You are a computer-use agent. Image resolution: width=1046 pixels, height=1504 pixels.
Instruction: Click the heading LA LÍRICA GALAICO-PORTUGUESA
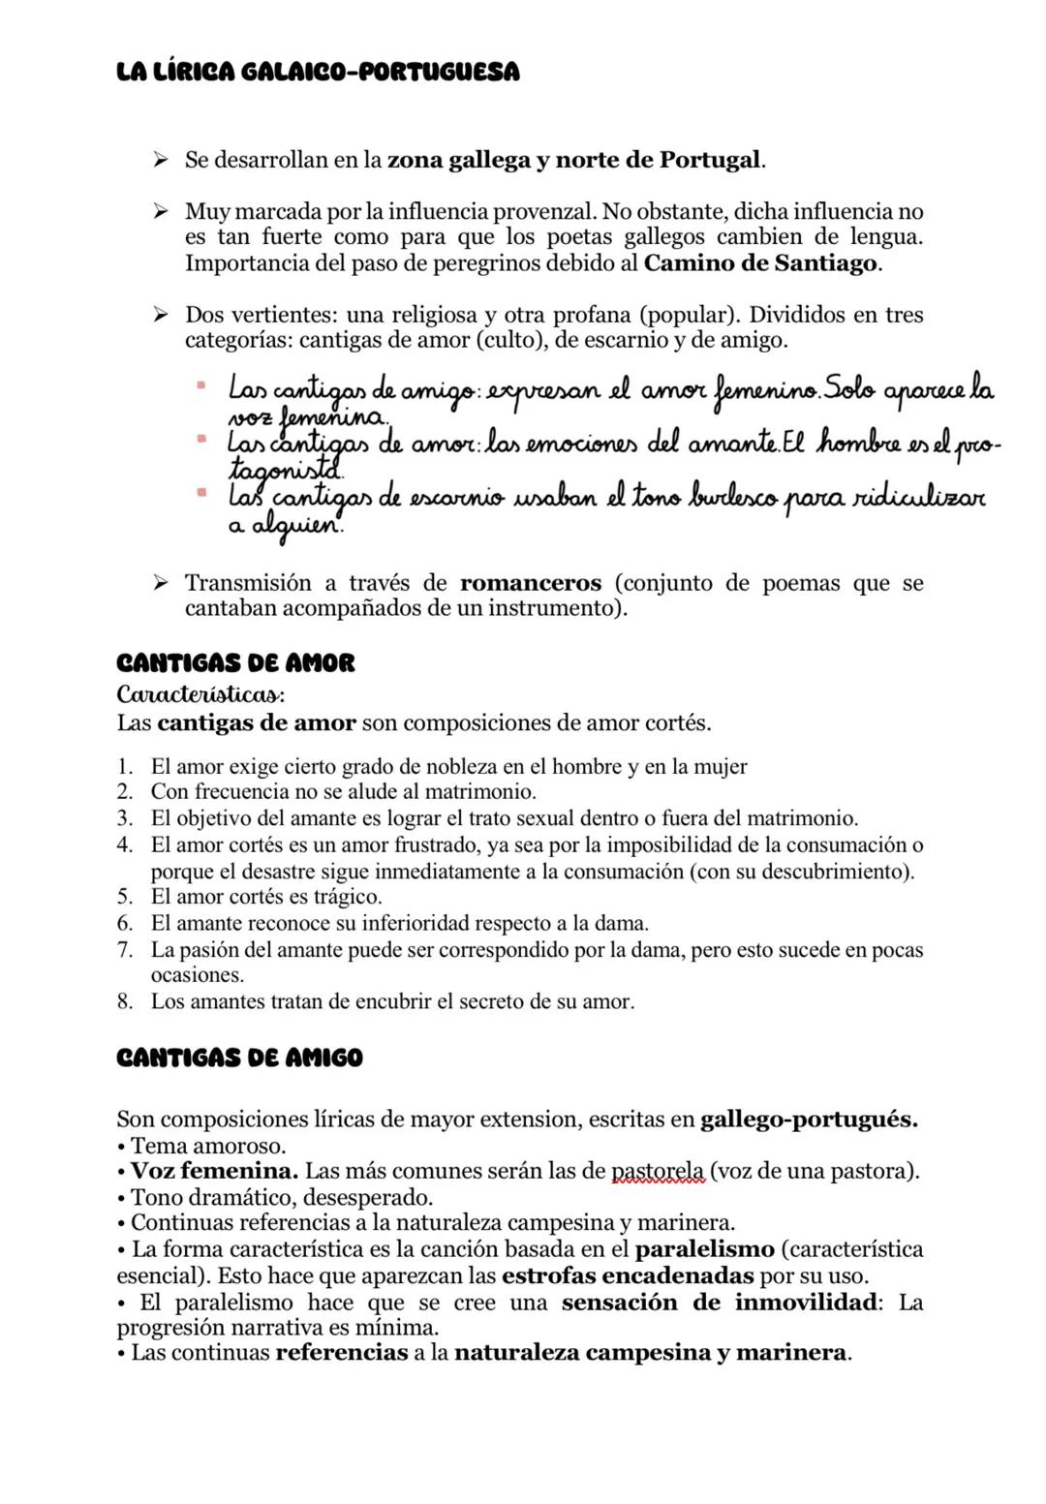coord(317,73)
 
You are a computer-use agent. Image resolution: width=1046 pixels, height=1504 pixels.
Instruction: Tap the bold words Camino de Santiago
coord(761,263)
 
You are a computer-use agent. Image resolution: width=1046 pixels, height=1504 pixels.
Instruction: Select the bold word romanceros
coord(531,583)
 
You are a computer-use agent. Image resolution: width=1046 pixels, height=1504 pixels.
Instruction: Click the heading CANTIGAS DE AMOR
coord(235,663)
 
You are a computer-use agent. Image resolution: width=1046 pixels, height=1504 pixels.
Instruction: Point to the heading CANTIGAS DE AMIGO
coord(239,1058)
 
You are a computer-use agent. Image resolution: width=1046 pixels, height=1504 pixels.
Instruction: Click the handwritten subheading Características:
coord(200,695)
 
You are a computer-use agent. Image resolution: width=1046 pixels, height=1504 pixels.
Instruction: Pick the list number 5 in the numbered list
coord(125,897)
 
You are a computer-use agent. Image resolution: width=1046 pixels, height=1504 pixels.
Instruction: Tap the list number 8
coord(125,1001)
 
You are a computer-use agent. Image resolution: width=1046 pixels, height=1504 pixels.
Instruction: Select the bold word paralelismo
coord(704,1249)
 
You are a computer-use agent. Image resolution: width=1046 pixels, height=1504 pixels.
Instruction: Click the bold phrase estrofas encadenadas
coord(628,1275)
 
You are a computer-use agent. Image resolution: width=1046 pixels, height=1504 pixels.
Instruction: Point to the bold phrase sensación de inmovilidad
coord(719,1302)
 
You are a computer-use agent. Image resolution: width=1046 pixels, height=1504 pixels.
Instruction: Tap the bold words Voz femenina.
coord(214,1171)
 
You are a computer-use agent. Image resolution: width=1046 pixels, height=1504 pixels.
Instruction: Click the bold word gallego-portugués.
coord(808,1120)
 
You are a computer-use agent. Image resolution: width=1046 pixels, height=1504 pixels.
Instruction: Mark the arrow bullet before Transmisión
coord(161,583)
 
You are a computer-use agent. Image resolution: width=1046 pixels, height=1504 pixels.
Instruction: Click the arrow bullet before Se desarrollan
coord(161,160)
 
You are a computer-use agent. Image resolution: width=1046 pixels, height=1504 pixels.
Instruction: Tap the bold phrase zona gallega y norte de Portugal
coord(574,160)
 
